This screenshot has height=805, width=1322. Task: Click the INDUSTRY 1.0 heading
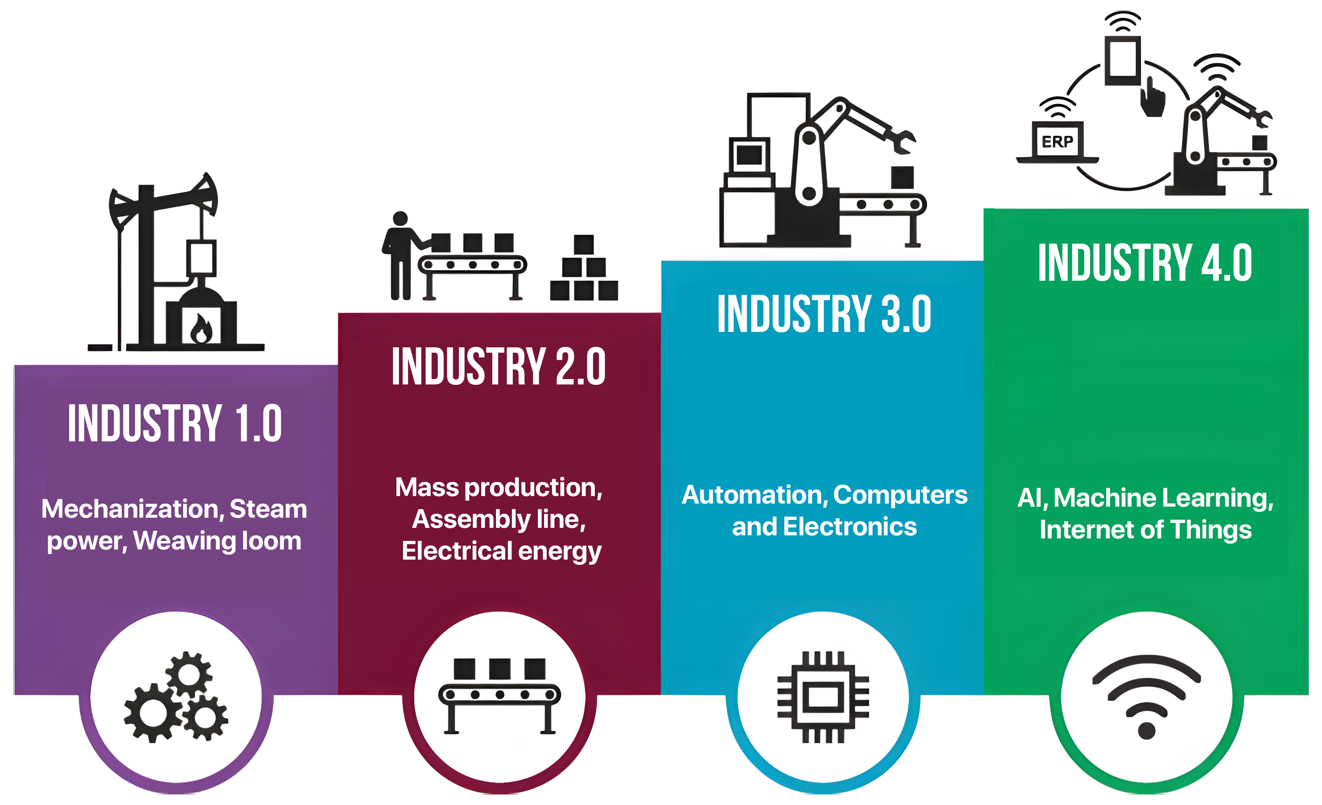175,424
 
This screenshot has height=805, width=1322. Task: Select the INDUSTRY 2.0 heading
499,367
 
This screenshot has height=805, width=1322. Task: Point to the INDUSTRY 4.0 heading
1145,263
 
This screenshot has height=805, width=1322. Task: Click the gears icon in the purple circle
176,698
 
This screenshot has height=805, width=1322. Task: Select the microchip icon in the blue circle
823,698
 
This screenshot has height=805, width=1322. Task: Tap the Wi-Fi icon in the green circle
1146,698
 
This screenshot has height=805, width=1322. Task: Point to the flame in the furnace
201,328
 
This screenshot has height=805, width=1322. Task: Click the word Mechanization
132,509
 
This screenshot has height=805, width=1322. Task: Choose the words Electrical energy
502,551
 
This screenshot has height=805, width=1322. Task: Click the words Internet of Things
1145,530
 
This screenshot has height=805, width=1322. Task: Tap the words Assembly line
499,519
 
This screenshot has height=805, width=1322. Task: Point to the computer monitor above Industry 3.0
750,156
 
